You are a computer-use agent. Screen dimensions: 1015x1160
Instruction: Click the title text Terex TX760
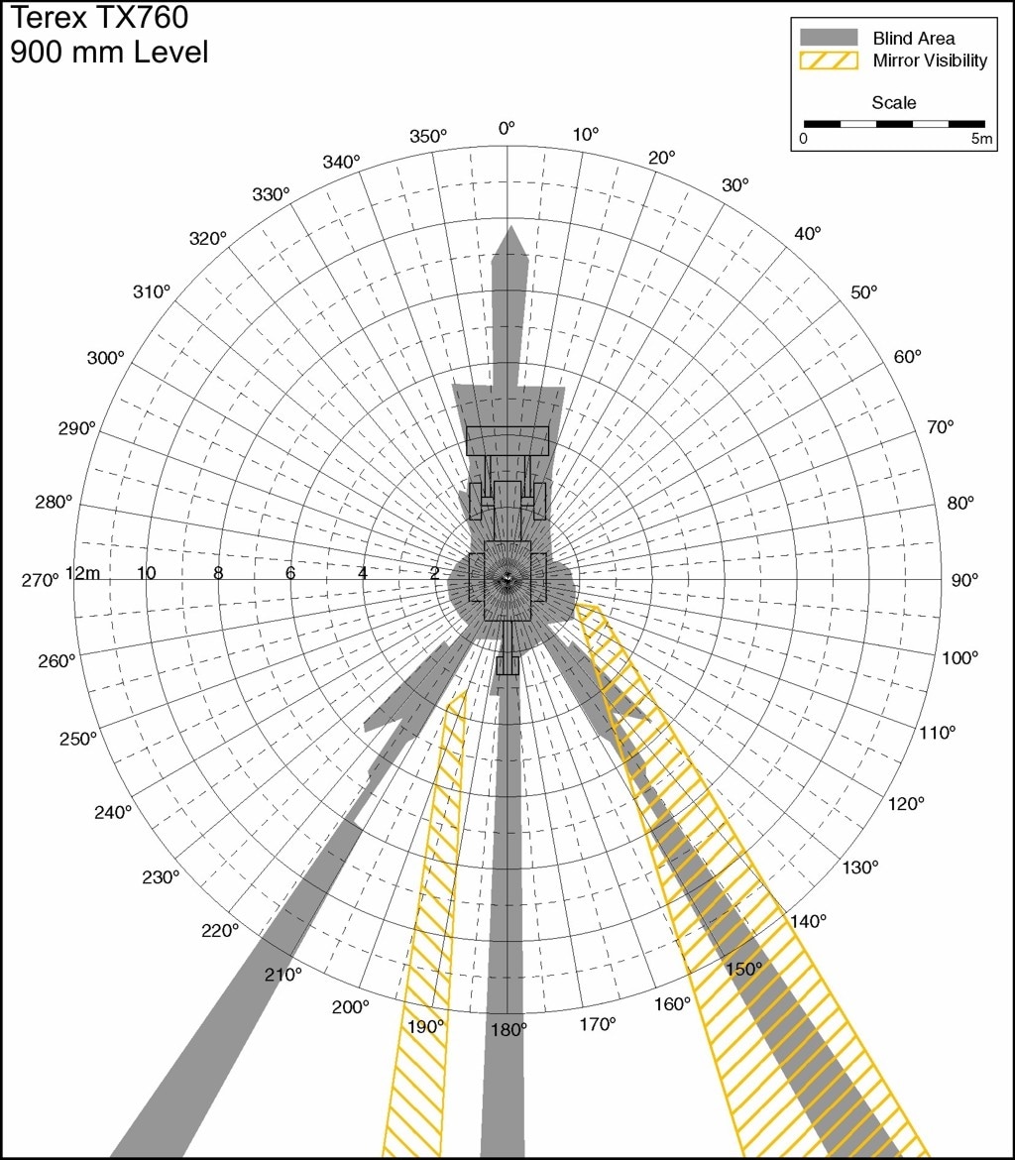[99, 18]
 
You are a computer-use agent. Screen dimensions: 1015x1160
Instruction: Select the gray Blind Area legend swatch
[829, 38]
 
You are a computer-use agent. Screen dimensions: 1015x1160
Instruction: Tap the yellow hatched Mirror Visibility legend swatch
[829, 60]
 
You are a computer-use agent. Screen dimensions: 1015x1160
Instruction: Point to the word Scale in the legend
[894, 103]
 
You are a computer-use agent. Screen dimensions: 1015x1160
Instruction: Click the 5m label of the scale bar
[981, 139]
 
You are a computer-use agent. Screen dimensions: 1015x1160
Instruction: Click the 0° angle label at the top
[507, 129]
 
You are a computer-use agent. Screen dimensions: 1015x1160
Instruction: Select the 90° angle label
[964, 580]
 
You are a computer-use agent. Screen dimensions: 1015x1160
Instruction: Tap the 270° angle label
[40, 580]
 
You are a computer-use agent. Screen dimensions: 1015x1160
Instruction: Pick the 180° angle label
[508, 1029]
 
